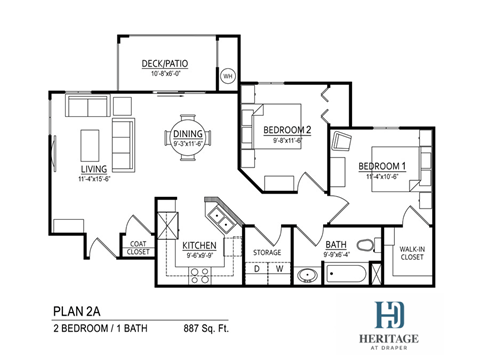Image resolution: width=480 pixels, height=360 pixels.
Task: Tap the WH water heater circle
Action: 227,76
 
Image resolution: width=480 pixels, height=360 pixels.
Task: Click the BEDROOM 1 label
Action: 383,165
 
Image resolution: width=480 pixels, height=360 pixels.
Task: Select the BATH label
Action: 336,244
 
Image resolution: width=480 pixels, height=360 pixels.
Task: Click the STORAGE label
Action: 266,252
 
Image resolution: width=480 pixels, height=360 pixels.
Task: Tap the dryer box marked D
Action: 256,269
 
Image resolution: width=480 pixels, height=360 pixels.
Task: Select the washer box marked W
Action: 278,269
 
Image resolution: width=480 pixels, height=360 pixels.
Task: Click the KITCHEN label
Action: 200,245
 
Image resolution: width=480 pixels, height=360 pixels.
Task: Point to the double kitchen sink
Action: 218,215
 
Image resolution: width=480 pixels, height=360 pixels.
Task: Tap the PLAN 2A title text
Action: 78,310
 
